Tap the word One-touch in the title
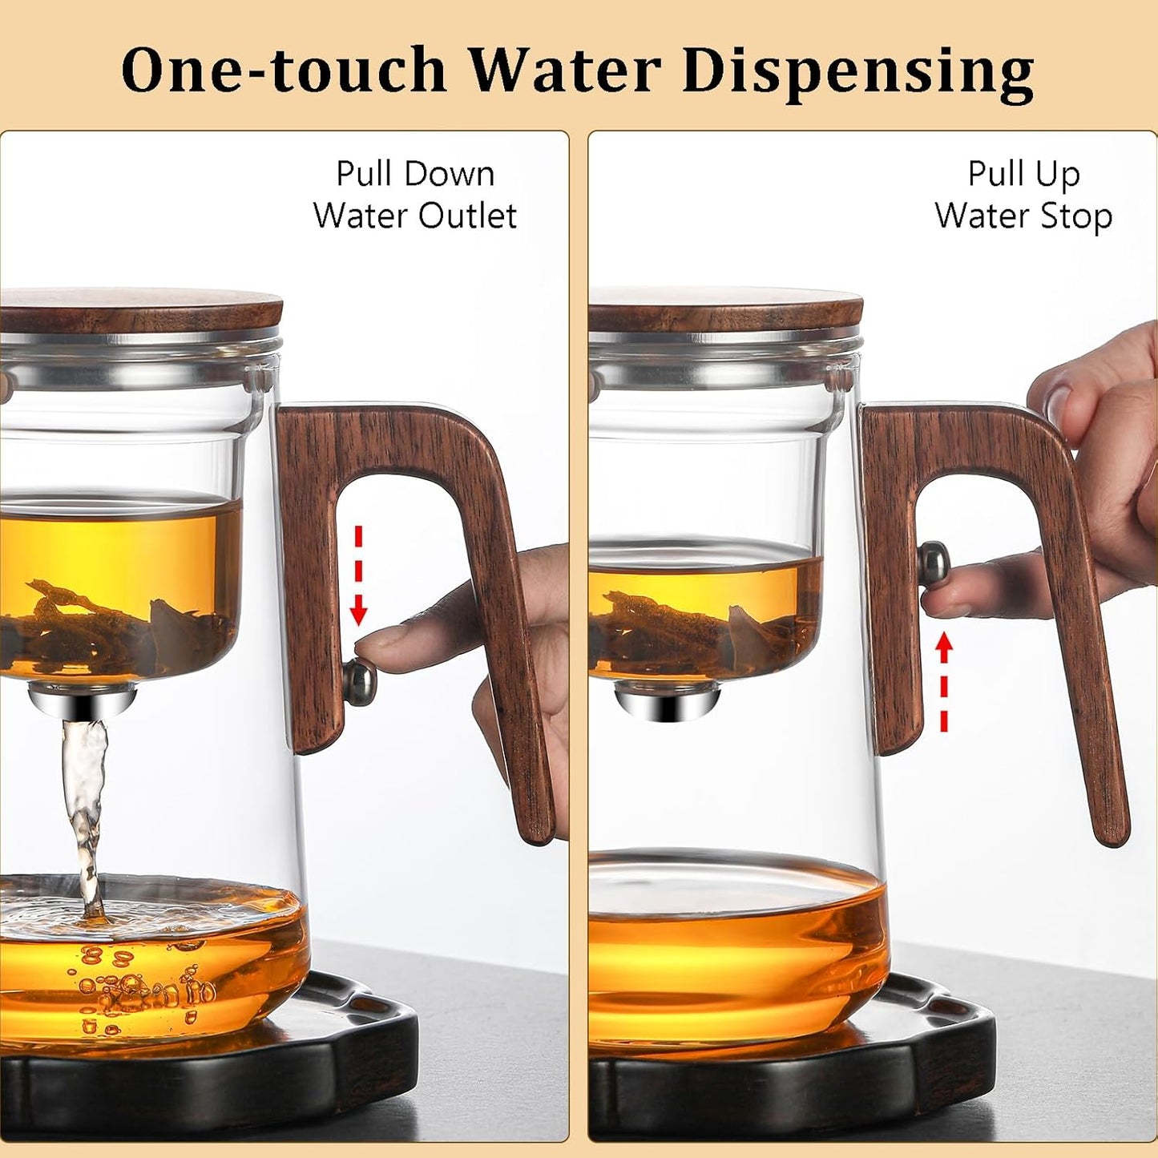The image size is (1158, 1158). [283, 71]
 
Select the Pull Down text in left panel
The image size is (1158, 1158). [415, 174]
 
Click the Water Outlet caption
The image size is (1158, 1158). [415, 216]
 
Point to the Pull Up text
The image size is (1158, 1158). [1023, 174]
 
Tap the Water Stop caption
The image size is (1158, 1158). [1023, 216]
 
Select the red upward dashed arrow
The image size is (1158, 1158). [944, 681]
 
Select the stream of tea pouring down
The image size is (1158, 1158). [84, 809]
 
